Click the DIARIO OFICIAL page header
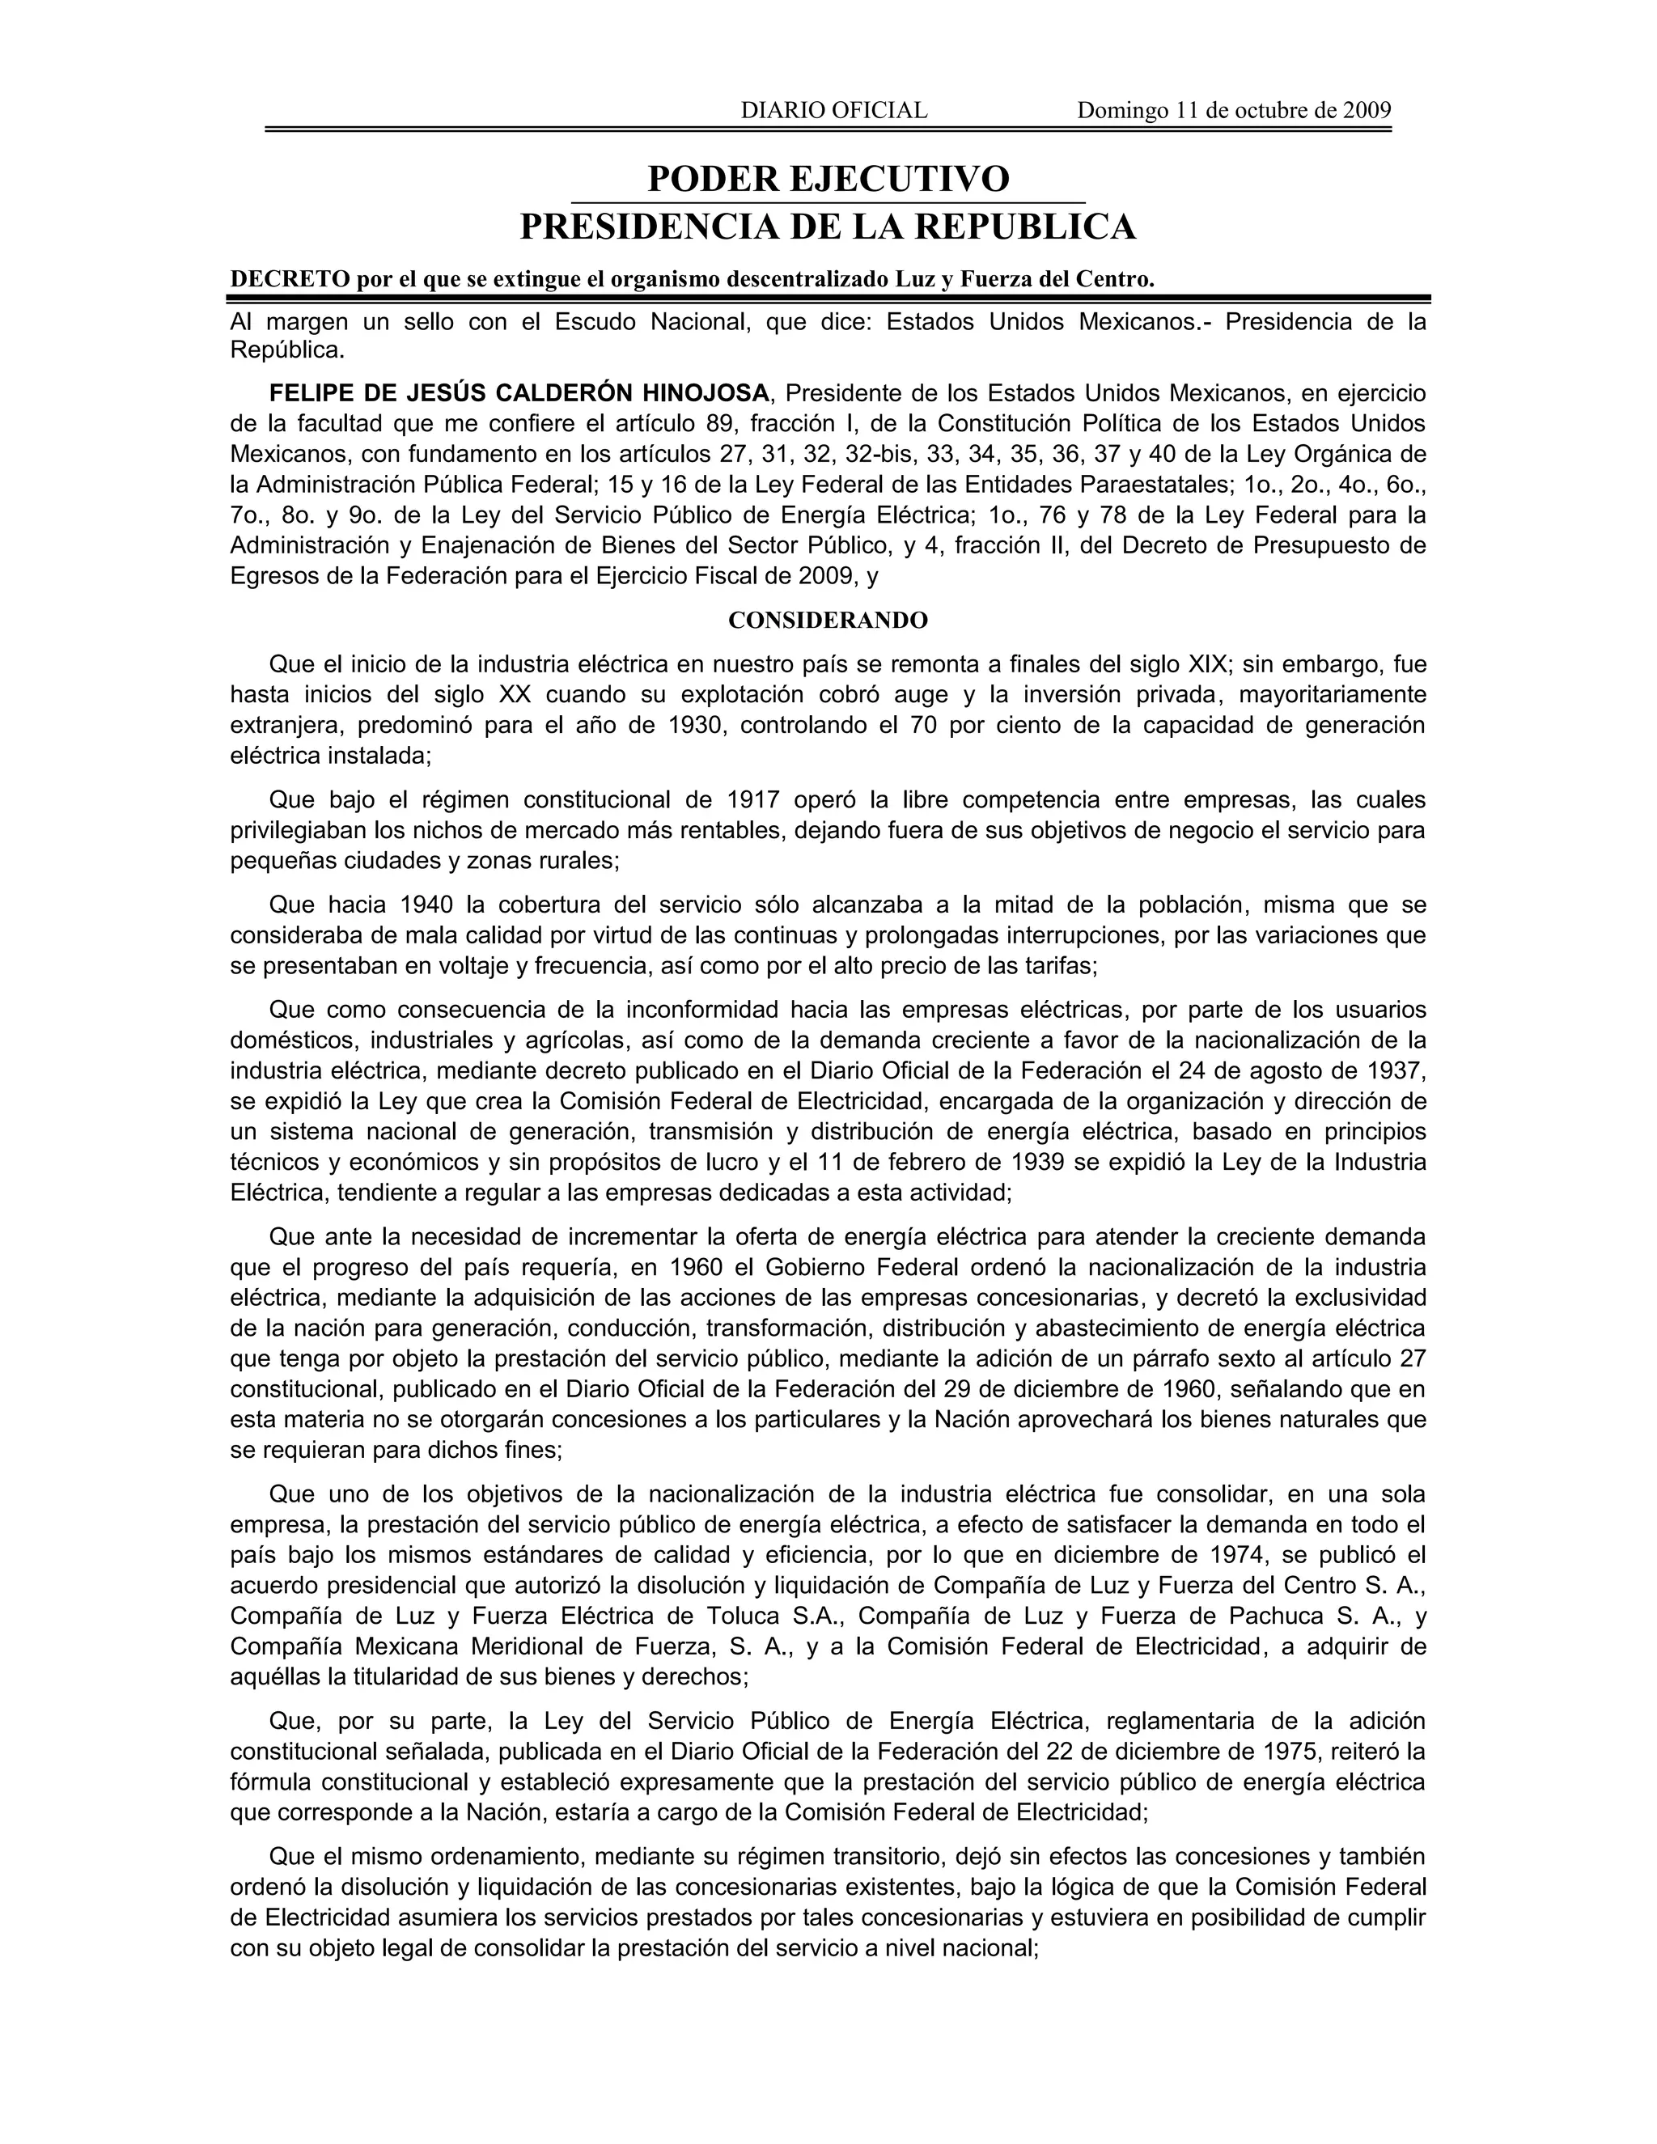[833, 110]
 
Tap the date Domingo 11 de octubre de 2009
[1234, 110]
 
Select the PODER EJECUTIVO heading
[828, 179]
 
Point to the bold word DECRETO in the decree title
[290, 279]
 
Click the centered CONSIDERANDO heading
[828, 621]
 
